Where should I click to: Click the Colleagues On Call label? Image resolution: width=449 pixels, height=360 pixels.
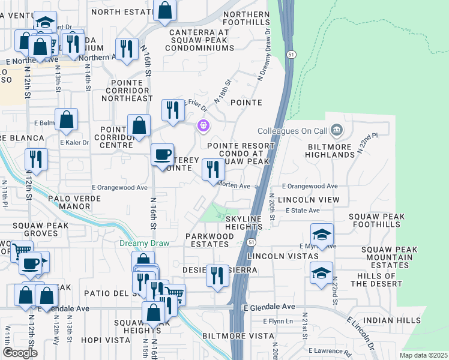[x=291, y=131]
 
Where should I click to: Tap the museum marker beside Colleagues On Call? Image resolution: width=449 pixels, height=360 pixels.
[x=336, y=130]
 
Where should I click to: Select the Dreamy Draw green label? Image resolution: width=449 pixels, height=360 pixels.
[x=145, y=243]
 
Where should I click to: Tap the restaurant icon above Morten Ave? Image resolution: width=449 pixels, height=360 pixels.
[x=212, y=170]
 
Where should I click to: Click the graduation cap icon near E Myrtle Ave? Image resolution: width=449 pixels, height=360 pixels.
[x=322, y=235]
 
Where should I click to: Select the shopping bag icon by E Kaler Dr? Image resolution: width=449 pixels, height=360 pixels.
[x=66, y=120]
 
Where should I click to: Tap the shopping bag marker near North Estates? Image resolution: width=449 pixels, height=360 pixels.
[x=165, y=10]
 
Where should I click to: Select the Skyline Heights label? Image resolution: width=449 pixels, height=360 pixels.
[x=244, y=221]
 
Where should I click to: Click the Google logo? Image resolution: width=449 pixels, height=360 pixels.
[x=20, y=352]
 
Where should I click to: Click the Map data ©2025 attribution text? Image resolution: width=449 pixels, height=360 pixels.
[x=423, y=355]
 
